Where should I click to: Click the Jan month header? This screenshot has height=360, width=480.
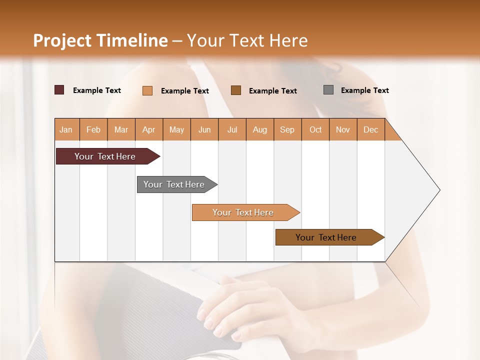click(x=66, y=130)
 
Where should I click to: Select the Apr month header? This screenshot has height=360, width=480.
click(x=148, y=130)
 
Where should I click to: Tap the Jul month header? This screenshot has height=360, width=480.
click(x=232, y=130)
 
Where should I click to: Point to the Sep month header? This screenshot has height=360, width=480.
click(x=287, y=130)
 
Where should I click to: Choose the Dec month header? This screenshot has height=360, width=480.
click(x=370, y=130)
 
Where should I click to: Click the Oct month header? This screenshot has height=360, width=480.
click(x=315, y=130)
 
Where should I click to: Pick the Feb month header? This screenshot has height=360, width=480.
click(x=93, y=130)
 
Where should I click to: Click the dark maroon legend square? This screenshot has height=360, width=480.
click(x=59, y=90)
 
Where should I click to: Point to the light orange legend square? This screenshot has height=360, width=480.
click(x=147, y=90)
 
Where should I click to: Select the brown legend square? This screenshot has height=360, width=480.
click(x=236, y=90)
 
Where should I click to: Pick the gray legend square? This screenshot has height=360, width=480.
click(x=328, y=90)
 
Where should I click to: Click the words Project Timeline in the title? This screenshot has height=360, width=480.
click(x=100, y=40)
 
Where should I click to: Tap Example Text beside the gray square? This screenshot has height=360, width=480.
click(x=364, y=90)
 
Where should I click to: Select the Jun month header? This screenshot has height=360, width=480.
click(x=204, y=130)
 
